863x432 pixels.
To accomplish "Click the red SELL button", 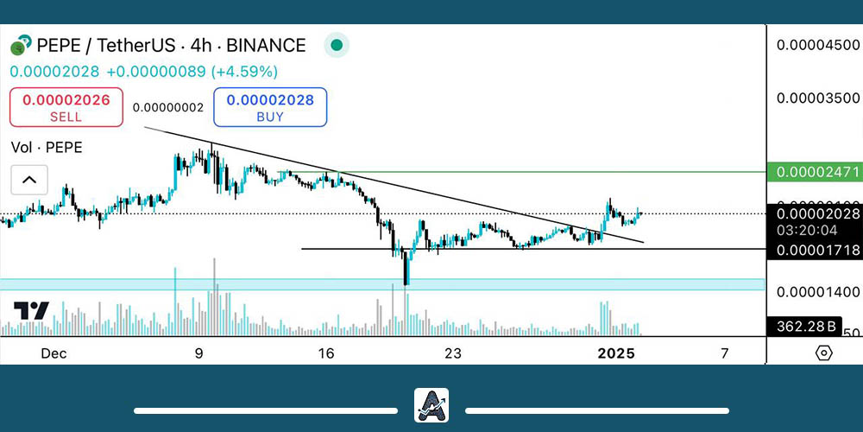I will pos(66,107).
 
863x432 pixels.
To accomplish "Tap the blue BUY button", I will pos(270,107).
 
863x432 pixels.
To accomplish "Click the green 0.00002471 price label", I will pos(812,173).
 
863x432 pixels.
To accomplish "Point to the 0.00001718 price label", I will pos(812,250).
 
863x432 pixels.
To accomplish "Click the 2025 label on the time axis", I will pos(617,353).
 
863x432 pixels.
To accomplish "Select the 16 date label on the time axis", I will pos(325,353).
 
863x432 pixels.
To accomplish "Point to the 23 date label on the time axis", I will pos(454,353).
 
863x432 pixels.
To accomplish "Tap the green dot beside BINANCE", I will pos(337,45).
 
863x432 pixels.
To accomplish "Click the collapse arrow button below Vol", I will pos(29,180).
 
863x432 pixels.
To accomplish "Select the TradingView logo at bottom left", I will pos(31,311).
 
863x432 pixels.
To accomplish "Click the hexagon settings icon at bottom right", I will pos(823,353).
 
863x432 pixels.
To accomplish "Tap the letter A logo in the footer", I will pos(431,405).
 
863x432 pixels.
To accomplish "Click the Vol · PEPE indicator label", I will pos(47,148).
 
